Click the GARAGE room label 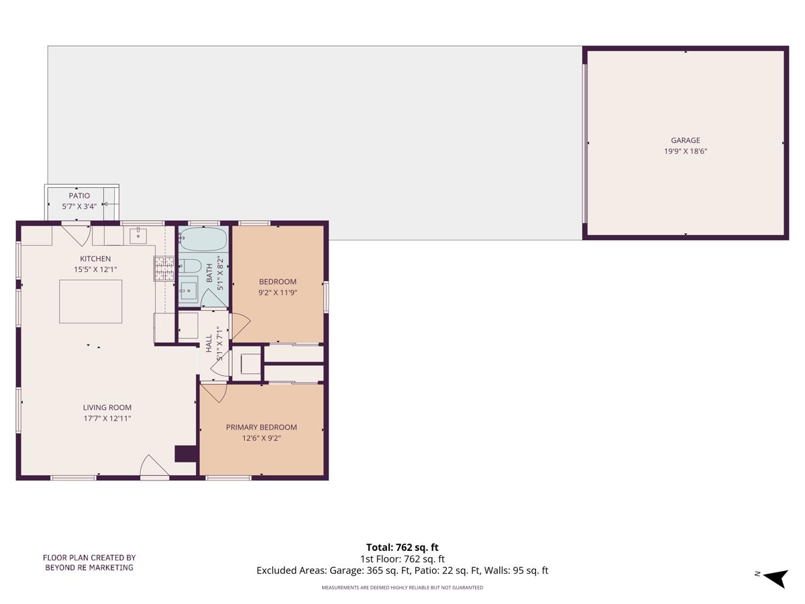point(685,140)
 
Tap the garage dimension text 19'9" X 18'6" point(685,152)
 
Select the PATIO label point(79,196)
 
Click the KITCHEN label point(95,259)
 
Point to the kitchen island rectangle point(91,302)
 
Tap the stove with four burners point(164,268)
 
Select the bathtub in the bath point(203,239)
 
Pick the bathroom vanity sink point(189,291)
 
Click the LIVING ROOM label point(107,407)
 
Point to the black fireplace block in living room point(185,454)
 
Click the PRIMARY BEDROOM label point(261,427)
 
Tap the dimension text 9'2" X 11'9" point(278,293)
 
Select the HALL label point(209,343)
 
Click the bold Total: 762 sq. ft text point(402,547)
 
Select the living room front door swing point(154,466)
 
